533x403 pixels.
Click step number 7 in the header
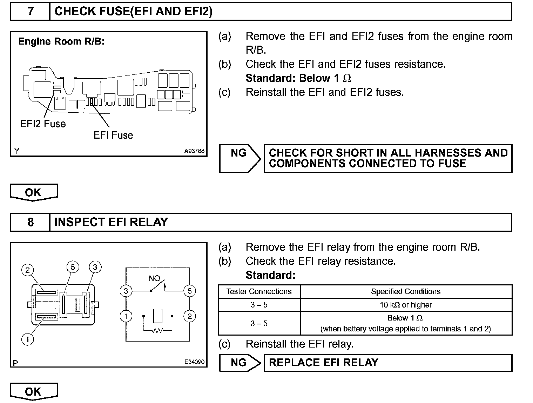31,12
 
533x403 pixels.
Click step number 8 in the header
31,222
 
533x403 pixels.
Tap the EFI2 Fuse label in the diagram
43,124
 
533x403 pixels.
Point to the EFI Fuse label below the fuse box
113,136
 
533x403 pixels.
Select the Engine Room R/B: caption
61,41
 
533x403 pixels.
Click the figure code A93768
194,151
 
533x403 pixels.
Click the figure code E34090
194,362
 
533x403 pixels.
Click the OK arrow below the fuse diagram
33,192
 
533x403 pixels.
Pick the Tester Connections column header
259,291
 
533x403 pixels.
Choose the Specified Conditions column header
406,291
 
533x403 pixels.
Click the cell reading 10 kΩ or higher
406,305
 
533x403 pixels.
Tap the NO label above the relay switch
154,279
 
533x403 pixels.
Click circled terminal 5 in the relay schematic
189,291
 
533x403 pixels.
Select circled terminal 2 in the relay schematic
189,316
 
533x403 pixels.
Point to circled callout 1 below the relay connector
27,339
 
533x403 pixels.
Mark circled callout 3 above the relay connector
95,267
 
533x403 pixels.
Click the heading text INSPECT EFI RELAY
111,222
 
